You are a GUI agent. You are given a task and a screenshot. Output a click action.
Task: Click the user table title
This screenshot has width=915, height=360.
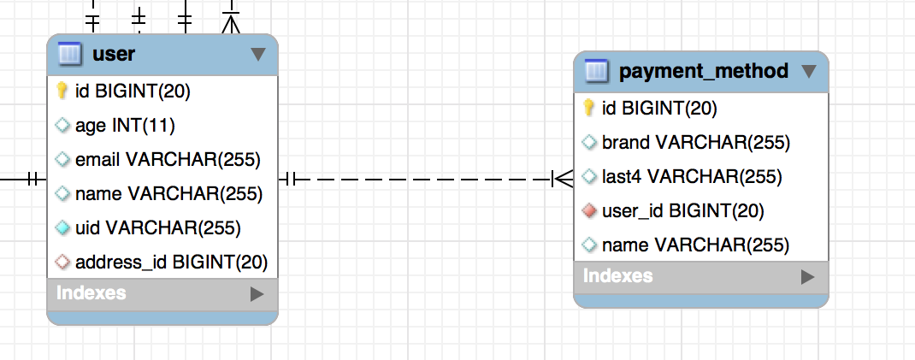pyautogui.click(x=114, y=54)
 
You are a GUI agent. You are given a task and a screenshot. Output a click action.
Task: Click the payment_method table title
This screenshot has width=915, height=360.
pyautogui.click(x=703, y=71)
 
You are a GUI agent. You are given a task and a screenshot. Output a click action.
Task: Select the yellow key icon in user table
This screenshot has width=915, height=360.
pyautogui.click(x=62, y=91)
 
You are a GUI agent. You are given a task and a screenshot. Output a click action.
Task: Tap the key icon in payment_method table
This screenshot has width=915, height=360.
pyautogui.click(x=589, y=108)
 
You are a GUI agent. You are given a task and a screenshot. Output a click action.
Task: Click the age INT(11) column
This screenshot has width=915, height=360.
pyautogui.click(x=125, y=125)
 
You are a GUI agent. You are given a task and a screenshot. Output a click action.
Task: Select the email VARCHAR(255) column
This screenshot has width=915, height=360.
pyautogui.click(x=168, y=159)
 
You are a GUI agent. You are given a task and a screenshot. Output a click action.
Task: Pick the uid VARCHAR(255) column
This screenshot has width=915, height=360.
pyautogui.click(x=158, y=227)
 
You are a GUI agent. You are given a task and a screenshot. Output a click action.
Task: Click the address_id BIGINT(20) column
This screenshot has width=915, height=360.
pyautogui.click(x=172, y=262)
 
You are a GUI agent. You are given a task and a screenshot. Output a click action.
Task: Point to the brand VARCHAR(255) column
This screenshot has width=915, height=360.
pyautogui.click(x=695, y=142)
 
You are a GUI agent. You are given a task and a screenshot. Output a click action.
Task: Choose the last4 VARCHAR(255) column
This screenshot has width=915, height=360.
pyautogui.click(x=692, y=176)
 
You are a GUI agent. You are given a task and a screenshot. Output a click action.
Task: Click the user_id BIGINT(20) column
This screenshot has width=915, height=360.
pyautogui.click(x=682, y=210)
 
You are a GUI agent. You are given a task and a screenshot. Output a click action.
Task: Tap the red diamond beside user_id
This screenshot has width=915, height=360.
pyautogui.click(x=589, y=210)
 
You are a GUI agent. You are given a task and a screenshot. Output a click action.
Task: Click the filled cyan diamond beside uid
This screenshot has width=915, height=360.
pyautogui.click(x=62, y=227)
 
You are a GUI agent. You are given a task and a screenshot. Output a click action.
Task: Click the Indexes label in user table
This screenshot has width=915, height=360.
pyautogui.click(x=91, y=292)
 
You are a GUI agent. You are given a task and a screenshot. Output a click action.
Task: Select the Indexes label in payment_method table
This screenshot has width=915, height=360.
pyautogui.click(x=618, y=275)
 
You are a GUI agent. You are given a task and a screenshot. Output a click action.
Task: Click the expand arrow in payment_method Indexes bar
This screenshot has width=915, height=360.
pyautogui.click(x=807, y=276)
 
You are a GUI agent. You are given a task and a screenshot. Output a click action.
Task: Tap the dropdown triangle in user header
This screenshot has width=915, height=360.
pyautogui.click(x=258, y=55)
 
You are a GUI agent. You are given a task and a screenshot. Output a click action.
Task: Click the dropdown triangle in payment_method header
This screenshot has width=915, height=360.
pyautogui.click(x=809, y=72)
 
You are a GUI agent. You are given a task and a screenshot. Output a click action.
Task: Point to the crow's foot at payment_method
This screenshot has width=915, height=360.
pyautogui.click(x=563, y=180)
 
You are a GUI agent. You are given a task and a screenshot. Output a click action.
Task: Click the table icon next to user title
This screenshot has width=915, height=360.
pyautogui.click(x=69, y=54)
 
